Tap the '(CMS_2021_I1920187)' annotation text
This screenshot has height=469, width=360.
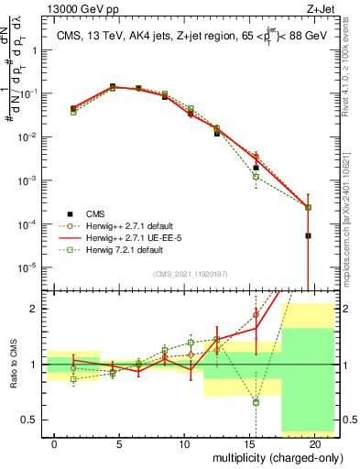(190, 274)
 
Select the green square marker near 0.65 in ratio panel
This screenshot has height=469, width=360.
(256, 402)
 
